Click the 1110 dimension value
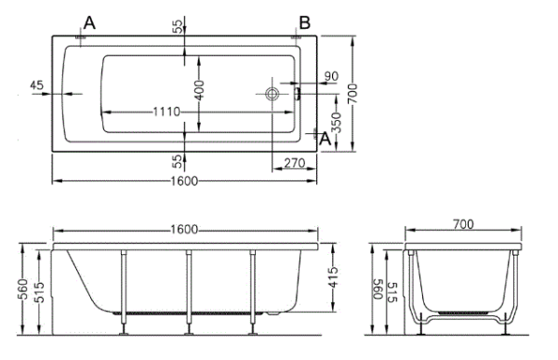166,113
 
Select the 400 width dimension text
200,90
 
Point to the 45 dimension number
36,85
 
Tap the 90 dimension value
331,76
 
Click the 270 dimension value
295,163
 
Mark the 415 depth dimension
333,277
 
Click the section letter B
305,23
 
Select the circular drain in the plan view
272,94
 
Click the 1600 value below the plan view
184,181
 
